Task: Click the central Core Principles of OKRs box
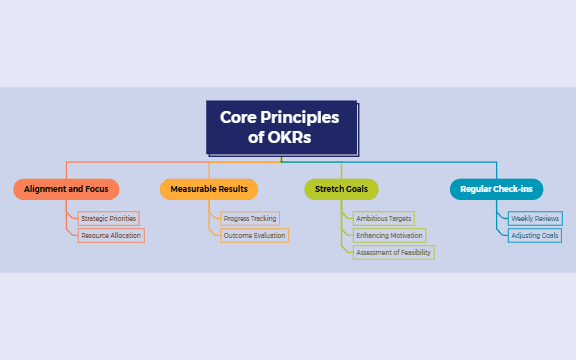tap(281, 128)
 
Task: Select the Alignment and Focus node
tap(66, 189)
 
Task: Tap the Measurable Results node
tap(209, 189)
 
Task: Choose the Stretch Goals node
tap(341, 189)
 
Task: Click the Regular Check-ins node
tap(496, 189)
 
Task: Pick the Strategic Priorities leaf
tap(109, 218)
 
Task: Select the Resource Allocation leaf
tap(112, 236)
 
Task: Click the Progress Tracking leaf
tap(250, 218)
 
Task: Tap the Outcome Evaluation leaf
tap(255, 236)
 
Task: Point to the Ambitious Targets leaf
tap(384, 218)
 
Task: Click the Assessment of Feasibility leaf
tap(393, 253)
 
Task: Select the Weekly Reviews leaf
tap(535, 218)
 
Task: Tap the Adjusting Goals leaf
tap(535, 236)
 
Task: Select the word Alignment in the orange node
tap(45, 189)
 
